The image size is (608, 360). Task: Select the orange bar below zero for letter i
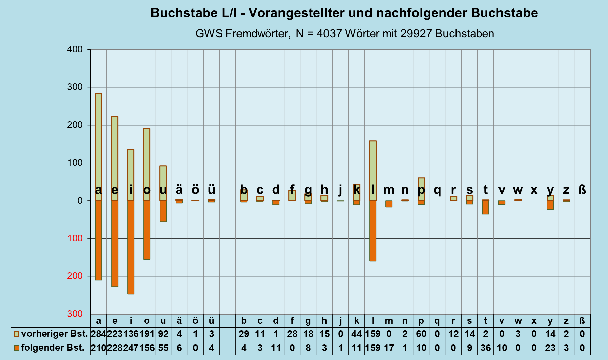[131, 247]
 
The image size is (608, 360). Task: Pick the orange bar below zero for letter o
[147, 230]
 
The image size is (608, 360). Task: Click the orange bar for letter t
[485, 207]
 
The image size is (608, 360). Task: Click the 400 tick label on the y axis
[75, 49]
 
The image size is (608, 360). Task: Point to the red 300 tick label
[75, 314]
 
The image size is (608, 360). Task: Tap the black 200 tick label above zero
[75, 125]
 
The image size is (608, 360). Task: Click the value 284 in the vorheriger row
[98, 334]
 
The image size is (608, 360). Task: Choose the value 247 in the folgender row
[131, 348]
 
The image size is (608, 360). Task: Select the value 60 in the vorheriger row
[421, 334]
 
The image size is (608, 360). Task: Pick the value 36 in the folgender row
[485, 348]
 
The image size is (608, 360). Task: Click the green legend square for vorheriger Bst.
[16, 334]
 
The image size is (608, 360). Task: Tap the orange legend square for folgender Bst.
[16, 348]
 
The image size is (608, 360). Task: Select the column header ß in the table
[582, 321]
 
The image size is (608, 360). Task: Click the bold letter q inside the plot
[437, 190]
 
